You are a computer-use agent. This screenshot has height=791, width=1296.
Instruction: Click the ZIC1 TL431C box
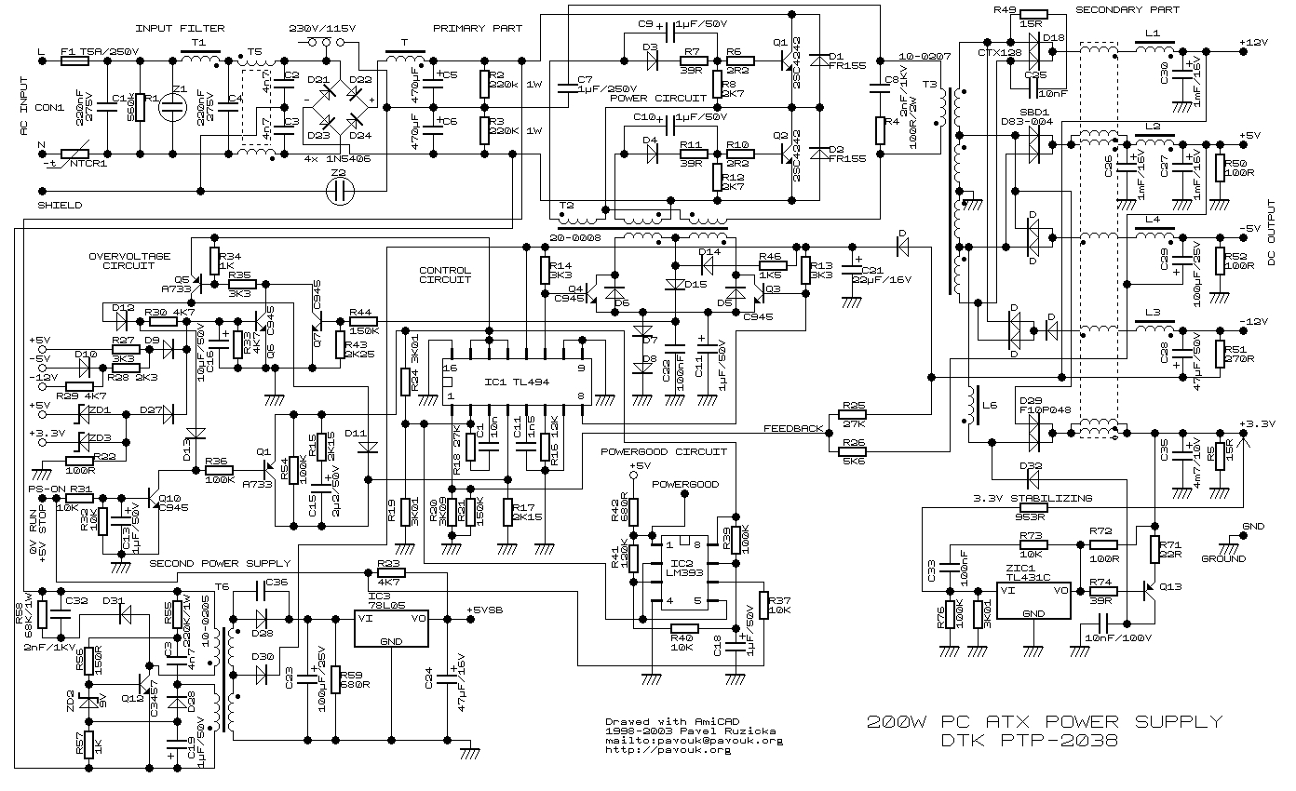1034,603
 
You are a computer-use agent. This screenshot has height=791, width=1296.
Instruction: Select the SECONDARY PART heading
1127,10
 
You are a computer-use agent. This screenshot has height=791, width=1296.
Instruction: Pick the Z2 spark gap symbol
341,191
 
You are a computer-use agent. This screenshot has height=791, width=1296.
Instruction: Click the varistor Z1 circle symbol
173,103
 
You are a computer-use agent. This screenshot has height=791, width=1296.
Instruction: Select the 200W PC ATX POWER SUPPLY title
1043,722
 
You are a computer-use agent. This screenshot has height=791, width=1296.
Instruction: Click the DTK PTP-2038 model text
1027,742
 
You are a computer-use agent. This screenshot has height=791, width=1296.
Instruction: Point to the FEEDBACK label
793,428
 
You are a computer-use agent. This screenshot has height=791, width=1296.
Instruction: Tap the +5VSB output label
485,611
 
